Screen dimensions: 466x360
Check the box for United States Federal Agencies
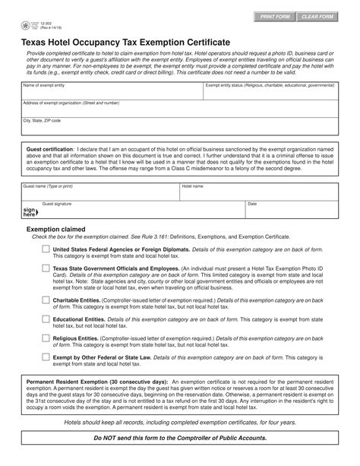click(x=46, y=249)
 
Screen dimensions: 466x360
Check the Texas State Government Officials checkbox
click(x=46, y=270)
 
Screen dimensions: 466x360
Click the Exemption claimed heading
click(x=56, y=229)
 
